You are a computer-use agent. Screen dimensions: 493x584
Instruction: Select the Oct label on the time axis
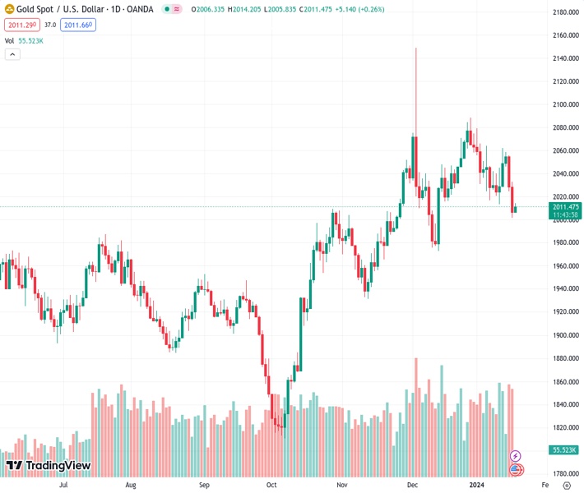click(x=271, y=485)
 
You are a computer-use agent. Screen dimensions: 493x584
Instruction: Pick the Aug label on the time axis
click(x=131, y=485)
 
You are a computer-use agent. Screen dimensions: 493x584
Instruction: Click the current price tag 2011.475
click(x=566, y=207)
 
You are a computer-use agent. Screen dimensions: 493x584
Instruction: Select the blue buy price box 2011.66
click(x=79, y=25)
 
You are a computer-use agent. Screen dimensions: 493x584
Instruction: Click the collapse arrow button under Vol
click(x=12, y=54)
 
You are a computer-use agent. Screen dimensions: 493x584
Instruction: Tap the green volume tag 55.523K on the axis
click(x=565, y=450)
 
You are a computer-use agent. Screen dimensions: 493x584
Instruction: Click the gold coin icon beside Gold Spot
click(x=10, y=9)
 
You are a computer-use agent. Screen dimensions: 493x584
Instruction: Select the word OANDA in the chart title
click(x=137, y=10)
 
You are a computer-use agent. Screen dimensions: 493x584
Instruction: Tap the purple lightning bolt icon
click(x=516, y=456)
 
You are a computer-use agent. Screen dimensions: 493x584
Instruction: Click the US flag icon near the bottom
click(x=516, y=470)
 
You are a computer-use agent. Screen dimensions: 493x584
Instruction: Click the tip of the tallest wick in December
click(x=416, y=48)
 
